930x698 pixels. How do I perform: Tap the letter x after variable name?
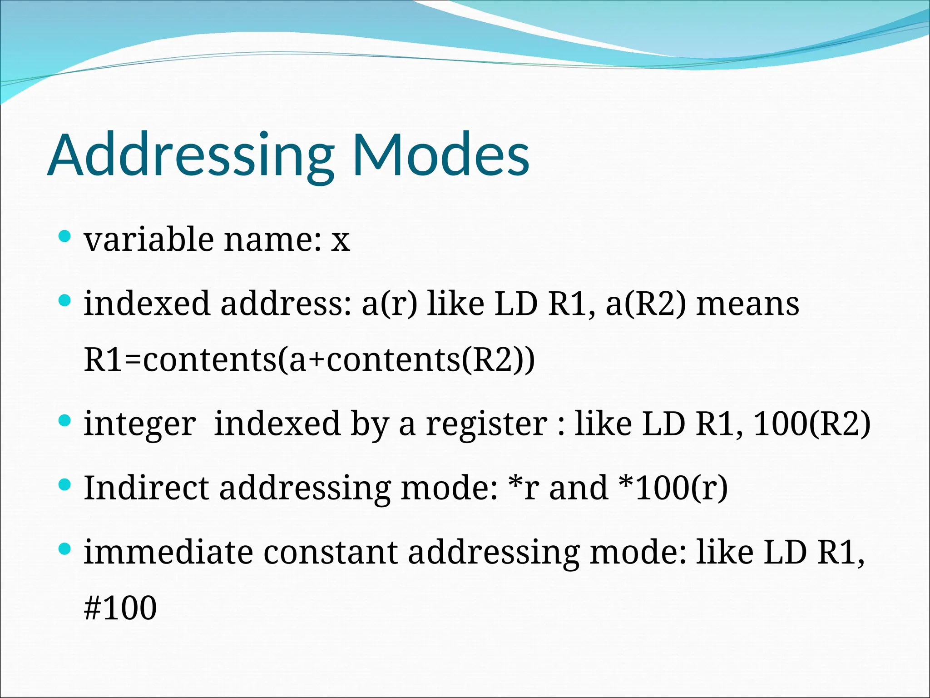[340, 241]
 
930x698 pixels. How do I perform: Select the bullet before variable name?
[65, 236]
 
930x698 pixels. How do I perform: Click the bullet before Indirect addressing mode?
[65, 485]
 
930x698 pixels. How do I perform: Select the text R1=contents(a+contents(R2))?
[309, 359]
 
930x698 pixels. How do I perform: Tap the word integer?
[140, 424]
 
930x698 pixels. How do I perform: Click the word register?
[486, 424]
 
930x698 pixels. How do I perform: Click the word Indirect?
[146, 488]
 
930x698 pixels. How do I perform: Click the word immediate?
[168, 552]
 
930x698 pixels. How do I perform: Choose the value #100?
[120, 608]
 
